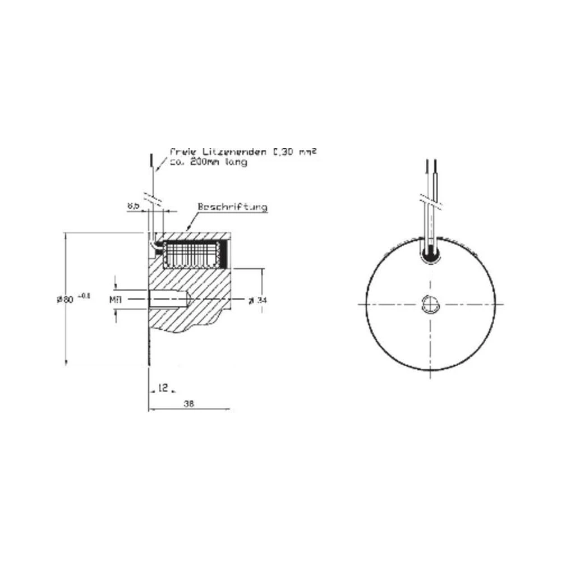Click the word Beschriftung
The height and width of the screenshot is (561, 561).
click(x=232, y=207)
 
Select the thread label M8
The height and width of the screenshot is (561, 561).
click(x=116, y=300)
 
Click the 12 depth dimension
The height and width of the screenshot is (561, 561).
click(x=162, y=388)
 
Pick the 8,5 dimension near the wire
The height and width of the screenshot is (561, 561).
click(x=133, y=206)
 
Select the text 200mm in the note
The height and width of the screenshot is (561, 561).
click(x=202, y=162)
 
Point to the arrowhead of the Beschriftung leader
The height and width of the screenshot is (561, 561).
click(x=187, y=229)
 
